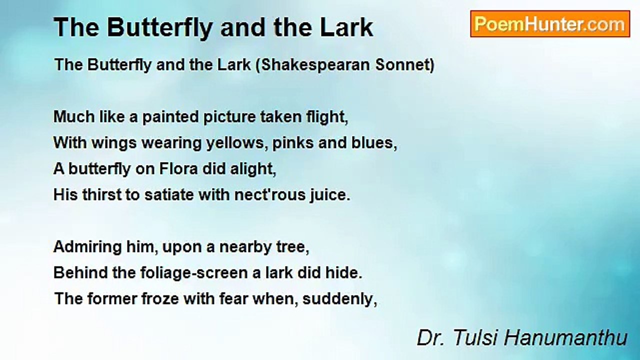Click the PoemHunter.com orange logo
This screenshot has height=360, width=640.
pyautogui.click(x=550, y=24)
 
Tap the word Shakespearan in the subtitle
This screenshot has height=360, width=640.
pyautogui.click(x=313, y=65)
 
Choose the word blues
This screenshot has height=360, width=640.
pyautogui.click(x=374, y=143)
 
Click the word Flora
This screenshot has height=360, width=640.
pyautogui.click(x=178, y=168)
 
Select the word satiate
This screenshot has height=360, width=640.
pyautogui.click(x=169, y=195)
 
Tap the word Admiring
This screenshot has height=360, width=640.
pyautogui.click(x=87, y=247)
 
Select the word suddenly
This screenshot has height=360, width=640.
pyautogui.click(x=340, y=299)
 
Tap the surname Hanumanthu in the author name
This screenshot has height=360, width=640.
pyautogui.click(x=565, y=337)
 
